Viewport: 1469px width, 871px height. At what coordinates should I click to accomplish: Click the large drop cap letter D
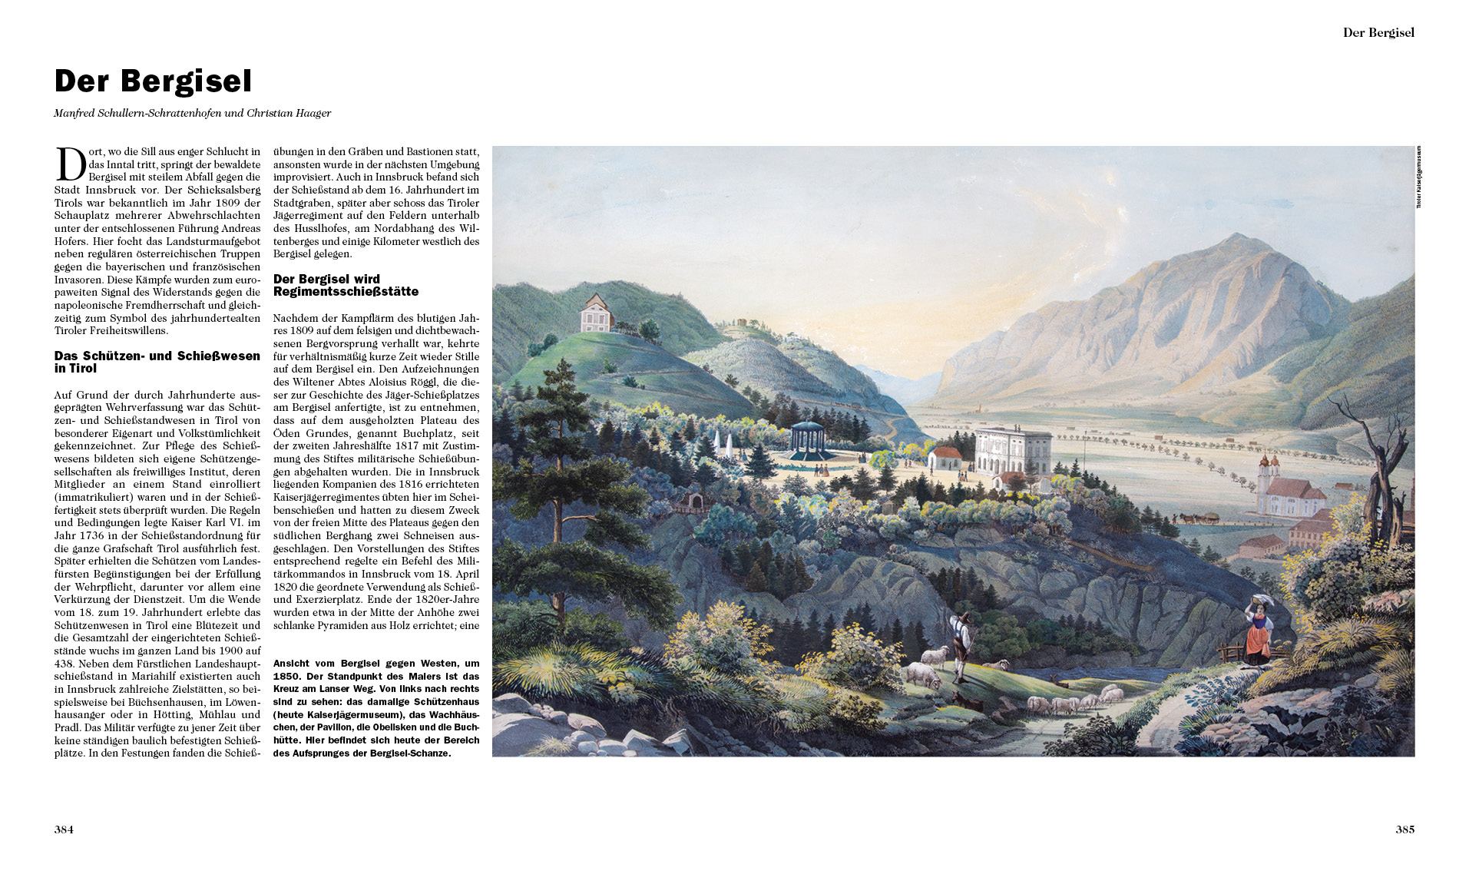coord(71,164)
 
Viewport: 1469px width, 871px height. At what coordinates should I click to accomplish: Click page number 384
coord(64,830)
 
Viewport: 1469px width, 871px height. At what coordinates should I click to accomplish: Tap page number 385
coord(1404,830)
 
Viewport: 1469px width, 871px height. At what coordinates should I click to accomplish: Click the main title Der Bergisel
coord(153,81)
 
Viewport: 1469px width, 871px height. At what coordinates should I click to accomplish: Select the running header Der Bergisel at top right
coord(1378,32)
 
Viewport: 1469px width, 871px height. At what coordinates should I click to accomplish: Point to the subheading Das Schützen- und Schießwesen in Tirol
coord(157,362)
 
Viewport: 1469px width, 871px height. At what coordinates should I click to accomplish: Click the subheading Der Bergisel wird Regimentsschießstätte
coord(346,285)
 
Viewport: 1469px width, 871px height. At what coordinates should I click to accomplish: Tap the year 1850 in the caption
coord(286,676)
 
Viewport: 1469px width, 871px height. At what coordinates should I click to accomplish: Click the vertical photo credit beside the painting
coord(1419,177)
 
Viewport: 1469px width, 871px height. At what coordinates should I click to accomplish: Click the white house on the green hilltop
coord(597,313)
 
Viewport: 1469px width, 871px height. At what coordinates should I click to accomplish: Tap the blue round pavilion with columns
coord(812,440)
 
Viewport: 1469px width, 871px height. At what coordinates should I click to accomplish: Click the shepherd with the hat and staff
coord(960,644)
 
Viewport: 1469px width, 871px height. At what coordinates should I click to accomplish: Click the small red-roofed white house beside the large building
coord(945,459)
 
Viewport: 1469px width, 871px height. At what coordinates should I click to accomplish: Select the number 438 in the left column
coord(65,664)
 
